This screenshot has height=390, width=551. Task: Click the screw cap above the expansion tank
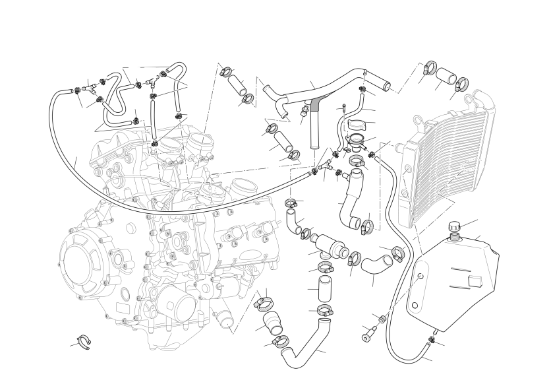(x=454, y=227)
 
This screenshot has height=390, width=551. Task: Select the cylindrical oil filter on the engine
(x=175, y=308)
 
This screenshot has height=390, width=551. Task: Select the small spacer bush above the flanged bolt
(x=381, y=319)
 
